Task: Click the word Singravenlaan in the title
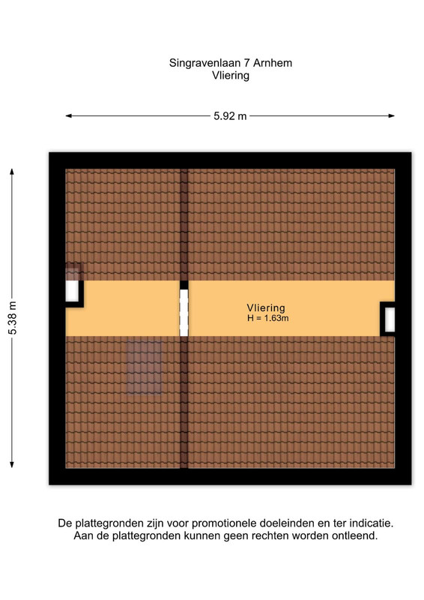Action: click(205, 64)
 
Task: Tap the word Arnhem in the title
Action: click(273, 63)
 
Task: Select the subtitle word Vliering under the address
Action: click(231, 76)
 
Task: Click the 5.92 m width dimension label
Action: click(230, 116)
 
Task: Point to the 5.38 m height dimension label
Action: click(13, 318)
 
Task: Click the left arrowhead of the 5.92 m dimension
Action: click(69, 116)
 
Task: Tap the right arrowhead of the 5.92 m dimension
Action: click(392, 116)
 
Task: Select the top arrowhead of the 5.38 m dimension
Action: click(12, 172)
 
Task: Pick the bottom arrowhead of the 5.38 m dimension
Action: click(12, 464)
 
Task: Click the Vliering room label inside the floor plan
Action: click(266, 308)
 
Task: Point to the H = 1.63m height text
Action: click(268, 318)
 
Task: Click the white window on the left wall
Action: click(72, 291)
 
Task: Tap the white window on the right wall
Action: click(390, 319)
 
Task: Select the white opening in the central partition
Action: click(184, 313)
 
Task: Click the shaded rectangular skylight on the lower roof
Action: click(144, 367)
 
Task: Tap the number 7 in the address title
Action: click(246, 63)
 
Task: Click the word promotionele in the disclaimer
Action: click(225, 523)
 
